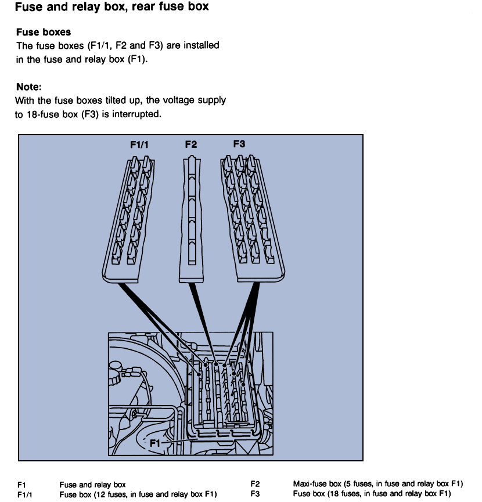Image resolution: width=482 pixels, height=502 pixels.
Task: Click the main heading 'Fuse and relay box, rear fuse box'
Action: (111, 8)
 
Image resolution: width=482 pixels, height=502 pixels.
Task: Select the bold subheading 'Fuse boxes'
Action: (44, 32)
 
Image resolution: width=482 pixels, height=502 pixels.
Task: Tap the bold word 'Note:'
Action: (28, 87)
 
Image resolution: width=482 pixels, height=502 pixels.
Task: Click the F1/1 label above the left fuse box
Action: (139, 145)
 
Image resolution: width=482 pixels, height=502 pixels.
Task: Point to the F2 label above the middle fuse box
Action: (190, 145)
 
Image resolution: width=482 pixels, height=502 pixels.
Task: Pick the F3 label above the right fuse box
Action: (239, 143)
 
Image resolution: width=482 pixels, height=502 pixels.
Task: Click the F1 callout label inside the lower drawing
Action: (154, 443)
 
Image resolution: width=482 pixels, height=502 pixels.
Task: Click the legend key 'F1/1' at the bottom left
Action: (25, 494)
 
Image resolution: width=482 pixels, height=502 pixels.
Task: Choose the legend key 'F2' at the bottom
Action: (255, 484)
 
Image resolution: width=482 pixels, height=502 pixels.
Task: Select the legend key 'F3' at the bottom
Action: (255, 494)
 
